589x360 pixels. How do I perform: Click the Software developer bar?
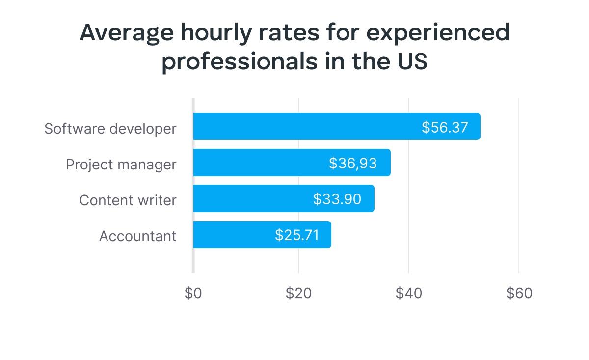(x=304, y=127)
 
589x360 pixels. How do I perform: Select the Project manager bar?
(x=260, y=163)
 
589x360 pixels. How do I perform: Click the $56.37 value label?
(x=445, y=127)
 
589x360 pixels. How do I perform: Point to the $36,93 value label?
(x=353, y=163)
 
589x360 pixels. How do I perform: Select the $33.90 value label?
(x=337, y=199)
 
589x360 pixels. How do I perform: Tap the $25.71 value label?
(x=297, y=235)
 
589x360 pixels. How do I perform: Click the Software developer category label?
(x=110, y=129)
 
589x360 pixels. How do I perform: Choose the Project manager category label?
(x=121, y=165)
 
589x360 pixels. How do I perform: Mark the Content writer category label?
(x=128, y=200)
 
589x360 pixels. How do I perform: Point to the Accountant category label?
(x=137, y=236)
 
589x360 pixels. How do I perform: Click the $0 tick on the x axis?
(x=193, y=293)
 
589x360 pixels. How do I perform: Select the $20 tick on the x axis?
(x=298, y=293)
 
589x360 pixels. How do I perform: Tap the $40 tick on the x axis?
(x=408, y=293)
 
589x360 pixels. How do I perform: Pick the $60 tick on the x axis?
(x=519, y=293)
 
